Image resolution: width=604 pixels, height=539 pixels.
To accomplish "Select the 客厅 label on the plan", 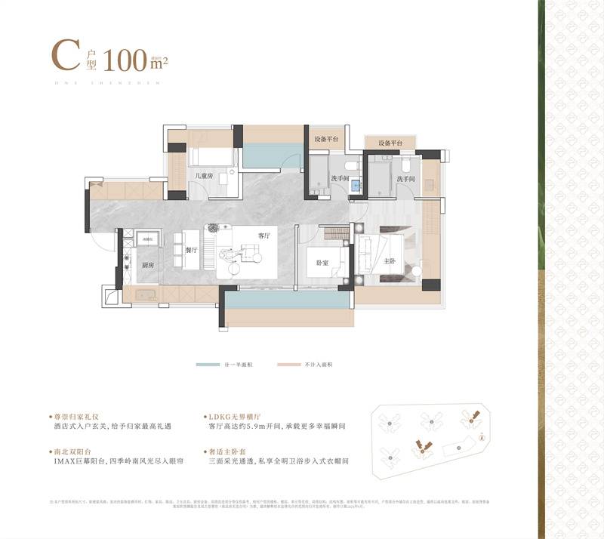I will pyautogui.click(x=263, y=236).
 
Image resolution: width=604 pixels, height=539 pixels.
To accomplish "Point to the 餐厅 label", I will pyautogui.click(x=190, y=248).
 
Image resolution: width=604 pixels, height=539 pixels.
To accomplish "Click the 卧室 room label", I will pyautogui.click(x=322, y=263).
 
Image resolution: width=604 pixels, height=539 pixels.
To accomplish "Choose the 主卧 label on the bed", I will pyautogui.click(x=390, y=260).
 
